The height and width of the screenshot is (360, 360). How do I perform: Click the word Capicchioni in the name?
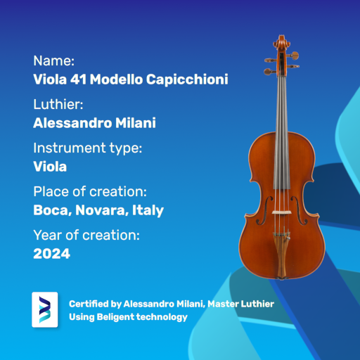coord(187,79)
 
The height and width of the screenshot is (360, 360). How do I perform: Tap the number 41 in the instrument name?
coord(78,79)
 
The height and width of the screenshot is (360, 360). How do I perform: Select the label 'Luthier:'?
coord(58,104)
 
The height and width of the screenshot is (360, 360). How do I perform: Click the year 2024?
coord(51,254)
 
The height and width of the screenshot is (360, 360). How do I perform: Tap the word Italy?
coord(148,210)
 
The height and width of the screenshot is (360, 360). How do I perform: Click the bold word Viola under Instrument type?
coord(50,167)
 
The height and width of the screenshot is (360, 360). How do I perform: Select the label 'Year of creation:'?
coord(86,235)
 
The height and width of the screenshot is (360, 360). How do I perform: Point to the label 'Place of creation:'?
coord(90,191)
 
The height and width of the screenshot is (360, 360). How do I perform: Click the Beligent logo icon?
coord(45,309)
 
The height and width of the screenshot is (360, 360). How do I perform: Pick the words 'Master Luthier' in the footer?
coord(240,304)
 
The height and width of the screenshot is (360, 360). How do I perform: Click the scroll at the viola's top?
coord(281,42)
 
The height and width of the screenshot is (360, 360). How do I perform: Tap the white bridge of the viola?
coord(281,212)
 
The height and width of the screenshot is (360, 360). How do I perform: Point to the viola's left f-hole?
coord(265,210)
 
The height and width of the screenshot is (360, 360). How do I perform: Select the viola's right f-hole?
coord(299,210)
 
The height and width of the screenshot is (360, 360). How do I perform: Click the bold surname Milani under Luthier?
coord(136,123)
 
